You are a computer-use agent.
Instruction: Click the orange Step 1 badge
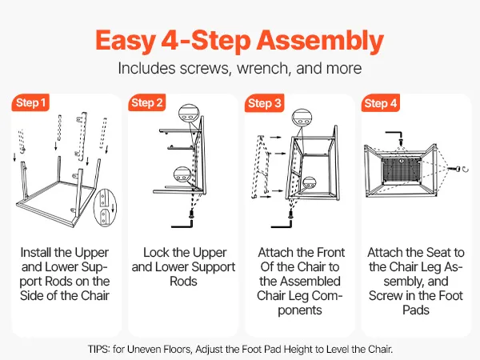coord(30,103)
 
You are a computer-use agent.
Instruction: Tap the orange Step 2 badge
coord(147,103)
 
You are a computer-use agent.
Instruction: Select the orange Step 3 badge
coord(264,103)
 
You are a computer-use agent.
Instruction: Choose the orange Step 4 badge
coord(381,103)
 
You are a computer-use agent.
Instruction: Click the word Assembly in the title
coord(320,42)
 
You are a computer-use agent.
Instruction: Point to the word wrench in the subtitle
coord(262,69)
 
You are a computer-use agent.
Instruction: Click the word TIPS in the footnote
coord(98,349)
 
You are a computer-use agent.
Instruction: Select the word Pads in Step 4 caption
coord(416,310)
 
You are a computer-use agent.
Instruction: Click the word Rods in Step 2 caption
coord(183,282)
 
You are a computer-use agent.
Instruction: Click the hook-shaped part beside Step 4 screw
coord(466,169)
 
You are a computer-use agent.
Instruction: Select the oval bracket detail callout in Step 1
coord(105,208)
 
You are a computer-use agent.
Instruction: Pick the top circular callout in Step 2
coord(189,114)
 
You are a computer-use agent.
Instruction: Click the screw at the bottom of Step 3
coord(291,214)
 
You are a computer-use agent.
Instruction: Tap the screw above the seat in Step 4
coord(401,142)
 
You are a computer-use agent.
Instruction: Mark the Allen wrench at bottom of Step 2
coord(182,224)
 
